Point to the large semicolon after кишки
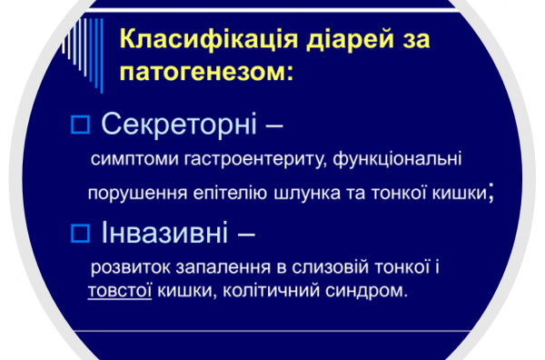pyautogui.click(x=491, y=192)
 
